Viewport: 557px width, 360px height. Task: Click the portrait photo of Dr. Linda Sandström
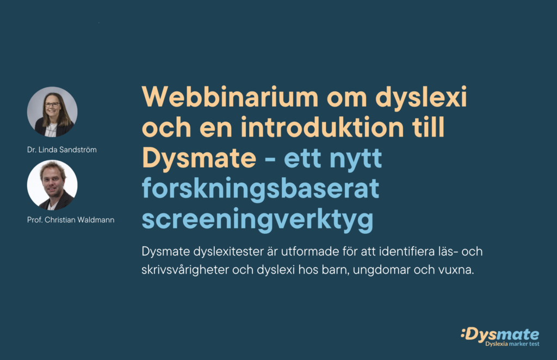(52, 112)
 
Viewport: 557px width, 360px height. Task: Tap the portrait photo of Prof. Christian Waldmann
(52, 185)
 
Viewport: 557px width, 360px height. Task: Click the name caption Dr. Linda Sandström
(62, 150)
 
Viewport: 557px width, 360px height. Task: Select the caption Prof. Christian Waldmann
(71, 220)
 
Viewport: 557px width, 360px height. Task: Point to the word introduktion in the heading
(322, 127)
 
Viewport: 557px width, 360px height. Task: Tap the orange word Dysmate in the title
(199, 159)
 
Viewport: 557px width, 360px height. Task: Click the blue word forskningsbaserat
(261, 189)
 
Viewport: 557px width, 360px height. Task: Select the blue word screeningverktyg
(257, 220)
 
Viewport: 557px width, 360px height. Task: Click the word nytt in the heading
(356, 159)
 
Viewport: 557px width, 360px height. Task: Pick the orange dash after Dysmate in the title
(270, 159)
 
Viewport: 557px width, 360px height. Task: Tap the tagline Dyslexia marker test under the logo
(512, 344)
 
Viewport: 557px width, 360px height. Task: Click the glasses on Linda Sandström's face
(52, 104)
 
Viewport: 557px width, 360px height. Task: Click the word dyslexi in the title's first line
(421, 97)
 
